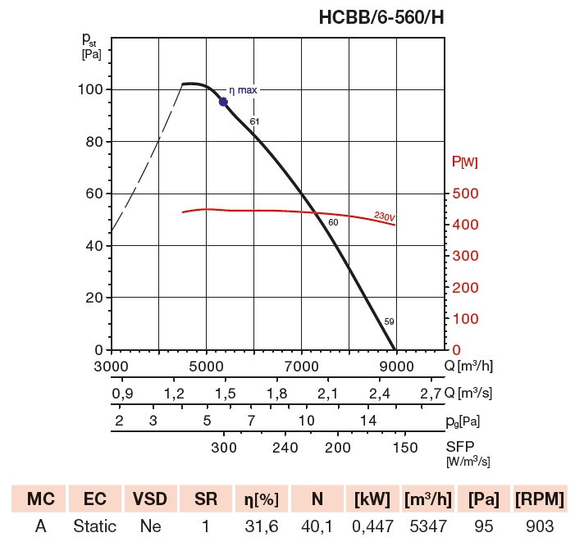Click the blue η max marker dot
click(x=223, y=102)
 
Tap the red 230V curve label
click(x=384, y=217)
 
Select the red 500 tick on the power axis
click(x=466, y=194)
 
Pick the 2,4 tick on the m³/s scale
click(x=379, y=394)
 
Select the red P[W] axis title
click(x=464, y=162)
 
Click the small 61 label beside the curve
click(x=255, y=121)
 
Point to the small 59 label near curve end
click(x=389, y=321)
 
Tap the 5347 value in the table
click(x=427, y=526)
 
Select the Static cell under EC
click(x=94, y=526)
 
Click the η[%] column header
click(x=260, y=499)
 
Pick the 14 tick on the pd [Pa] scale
click(x=367, y=421)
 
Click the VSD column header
click(x=149, y=499)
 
